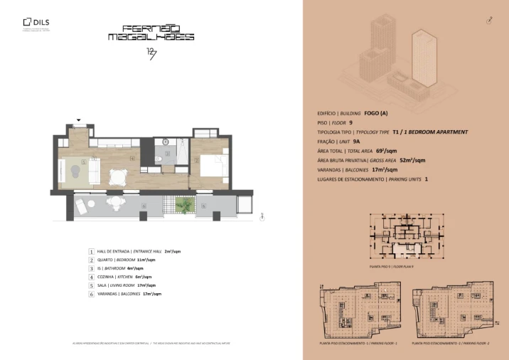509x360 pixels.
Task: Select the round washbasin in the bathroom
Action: click(x=166, y=141)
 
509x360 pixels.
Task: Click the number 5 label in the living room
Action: click(x=84, y=162)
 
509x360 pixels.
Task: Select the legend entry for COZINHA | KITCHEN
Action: click(x=126, y=277)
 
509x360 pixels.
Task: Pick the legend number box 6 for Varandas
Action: click(x=91, y=293)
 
